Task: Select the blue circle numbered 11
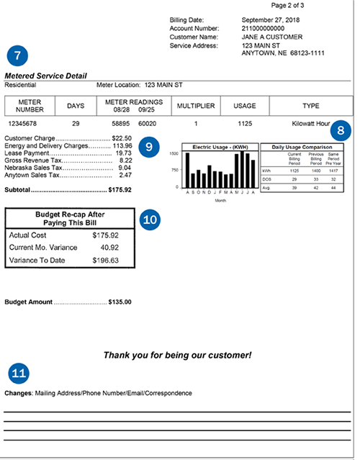[19, 373]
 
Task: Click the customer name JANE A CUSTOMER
[272, 37]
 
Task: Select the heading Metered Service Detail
[45, 76]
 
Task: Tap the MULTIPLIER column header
[195, 106]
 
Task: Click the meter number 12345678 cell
[30, 124]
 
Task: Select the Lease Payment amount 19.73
[123, 153]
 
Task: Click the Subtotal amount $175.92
[119, 191]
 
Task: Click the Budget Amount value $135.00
[119, 302]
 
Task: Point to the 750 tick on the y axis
[174, 170]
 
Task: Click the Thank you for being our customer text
[177, 355]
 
